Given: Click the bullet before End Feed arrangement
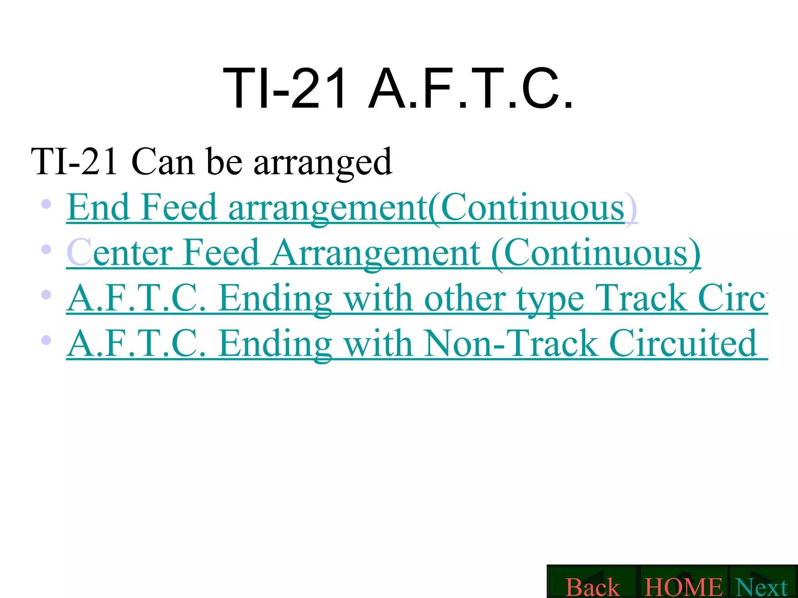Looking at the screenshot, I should tap(46, 204).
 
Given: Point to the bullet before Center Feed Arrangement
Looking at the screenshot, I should tap(46, 249).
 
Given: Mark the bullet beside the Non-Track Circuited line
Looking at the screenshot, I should tap(46, 340).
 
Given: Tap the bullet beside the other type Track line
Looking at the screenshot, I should tap(46, 295).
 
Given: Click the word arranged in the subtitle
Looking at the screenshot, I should tap(323, 162).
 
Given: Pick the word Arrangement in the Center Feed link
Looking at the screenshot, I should tap(376, 253).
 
